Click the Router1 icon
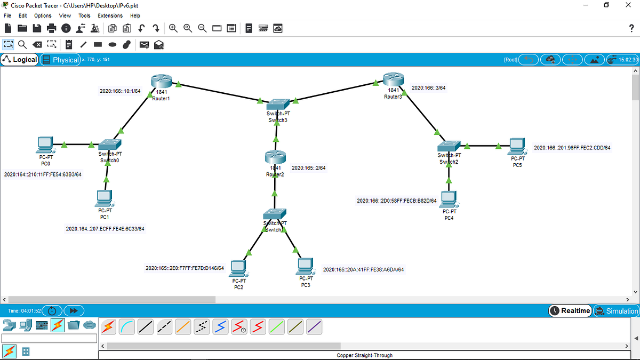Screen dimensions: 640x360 162,81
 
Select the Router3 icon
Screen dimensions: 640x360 394,79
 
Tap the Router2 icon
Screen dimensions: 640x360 275,157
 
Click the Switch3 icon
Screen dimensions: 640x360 278,105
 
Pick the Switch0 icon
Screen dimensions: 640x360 110,145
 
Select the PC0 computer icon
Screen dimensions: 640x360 45,145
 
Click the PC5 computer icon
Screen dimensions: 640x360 517,147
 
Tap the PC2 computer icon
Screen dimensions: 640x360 238,269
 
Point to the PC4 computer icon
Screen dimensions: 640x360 449,199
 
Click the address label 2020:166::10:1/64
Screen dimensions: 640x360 120,91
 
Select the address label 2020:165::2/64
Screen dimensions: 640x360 309,167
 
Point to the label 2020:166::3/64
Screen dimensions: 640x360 429,87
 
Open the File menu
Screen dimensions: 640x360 7,15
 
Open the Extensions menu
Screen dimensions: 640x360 110,15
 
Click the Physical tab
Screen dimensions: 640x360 61,60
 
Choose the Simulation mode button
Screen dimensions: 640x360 617,311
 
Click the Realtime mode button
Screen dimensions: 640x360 570,311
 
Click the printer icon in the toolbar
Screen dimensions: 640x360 51,28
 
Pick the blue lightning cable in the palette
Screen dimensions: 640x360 220,327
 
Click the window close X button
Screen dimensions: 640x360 628,5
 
